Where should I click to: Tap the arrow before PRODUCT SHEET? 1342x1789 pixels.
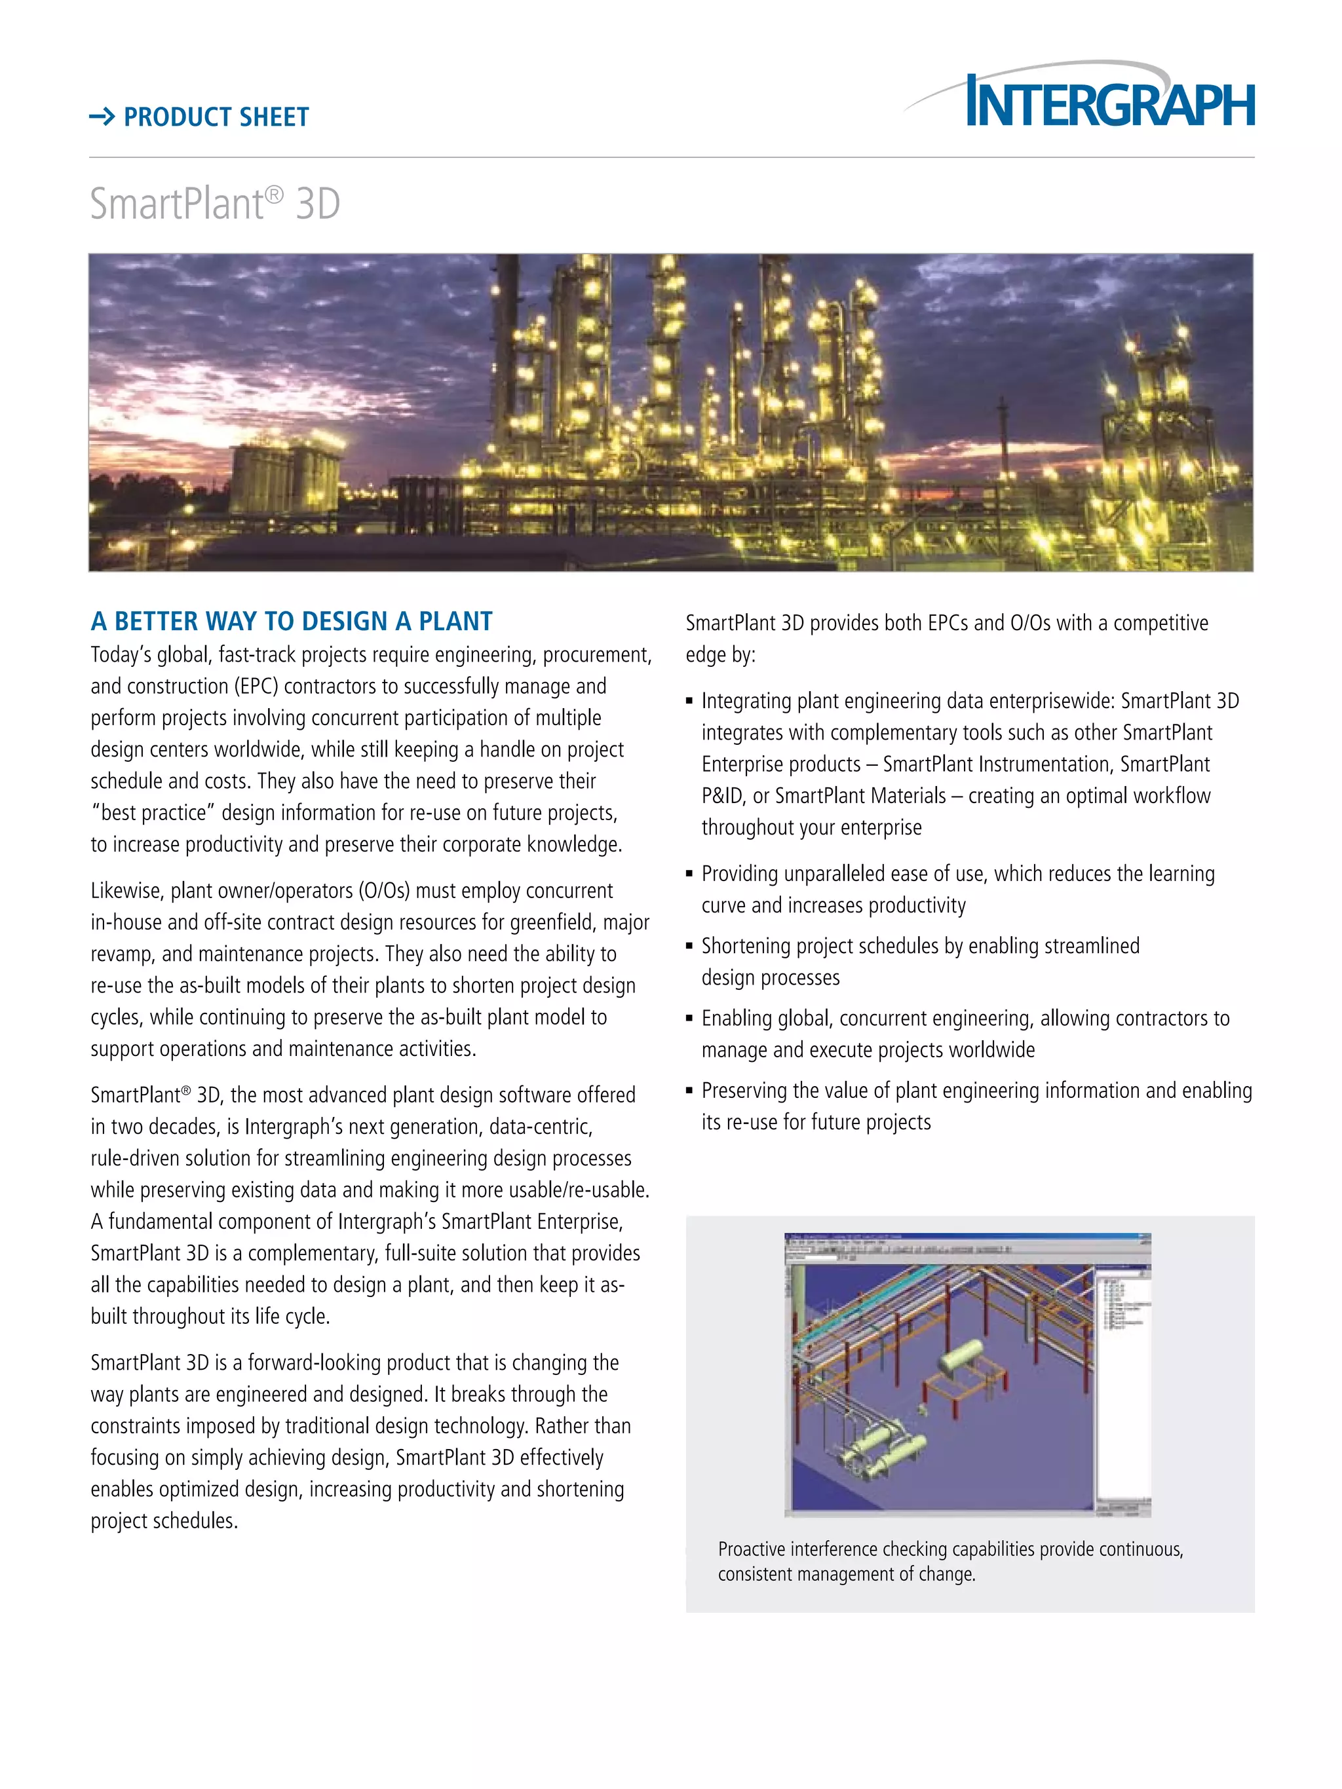click(102, 117)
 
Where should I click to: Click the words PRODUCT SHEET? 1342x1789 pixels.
click(216, 117)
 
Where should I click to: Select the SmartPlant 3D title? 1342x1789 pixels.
click(214, 203)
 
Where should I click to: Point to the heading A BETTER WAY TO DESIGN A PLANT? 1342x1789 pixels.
click(291, 621)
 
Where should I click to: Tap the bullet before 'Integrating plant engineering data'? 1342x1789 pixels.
click(689, 701)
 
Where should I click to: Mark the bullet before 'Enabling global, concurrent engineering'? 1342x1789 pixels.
click(689, 1018)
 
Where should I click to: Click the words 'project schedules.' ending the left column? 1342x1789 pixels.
click(164, 1520)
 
